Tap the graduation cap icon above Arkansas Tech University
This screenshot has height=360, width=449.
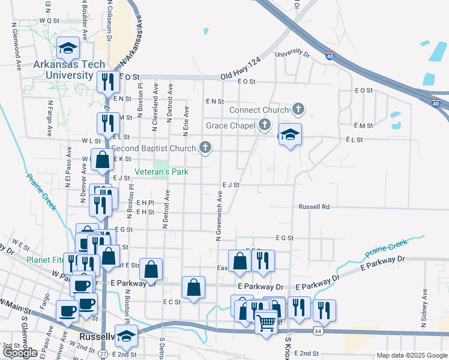(68, 47)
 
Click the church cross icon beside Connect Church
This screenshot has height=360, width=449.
(298, 109)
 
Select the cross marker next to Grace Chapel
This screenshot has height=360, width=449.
(265, 125)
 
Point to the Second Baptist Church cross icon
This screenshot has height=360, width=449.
(206, 148)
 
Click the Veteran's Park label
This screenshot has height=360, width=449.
(161, 172)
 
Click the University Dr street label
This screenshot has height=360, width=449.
(292, 55)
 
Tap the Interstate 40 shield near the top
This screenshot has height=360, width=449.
(331, 56)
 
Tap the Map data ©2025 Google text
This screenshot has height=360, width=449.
(412, 356)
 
